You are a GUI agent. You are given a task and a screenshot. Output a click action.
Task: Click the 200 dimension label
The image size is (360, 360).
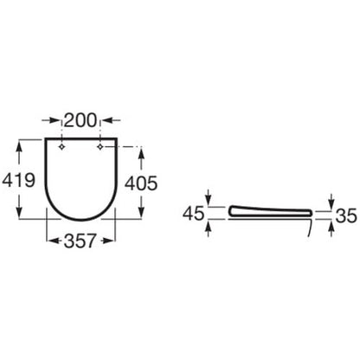(80, 120)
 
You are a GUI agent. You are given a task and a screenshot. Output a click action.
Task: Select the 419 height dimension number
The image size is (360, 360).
(19, 181)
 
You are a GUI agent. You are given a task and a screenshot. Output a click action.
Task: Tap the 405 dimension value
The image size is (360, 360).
(141, 183)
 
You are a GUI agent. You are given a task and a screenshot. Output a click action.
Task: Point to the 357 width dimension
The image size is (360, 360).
(80, 241)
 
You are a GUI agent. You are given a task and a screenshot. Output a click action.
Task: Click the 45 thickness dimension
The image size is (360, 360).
(194, 214)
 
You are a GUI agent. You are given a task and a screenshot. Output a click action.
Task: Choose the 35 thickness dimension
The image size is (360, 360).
(347, 215)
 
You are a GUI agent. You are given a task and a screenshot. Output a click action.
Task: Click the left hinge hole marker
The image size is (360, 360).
(61, 147)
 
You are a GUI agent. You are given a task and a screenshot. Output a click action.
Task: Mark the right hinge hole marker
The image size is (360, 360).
(100, 147)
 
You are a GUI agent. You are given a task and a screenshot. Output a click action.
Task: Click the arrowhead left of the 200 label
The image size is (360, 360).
(55, 120)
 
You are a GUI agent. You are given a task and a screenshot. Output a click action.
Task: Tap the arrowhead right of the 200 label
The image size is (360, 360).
(108, 120)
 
